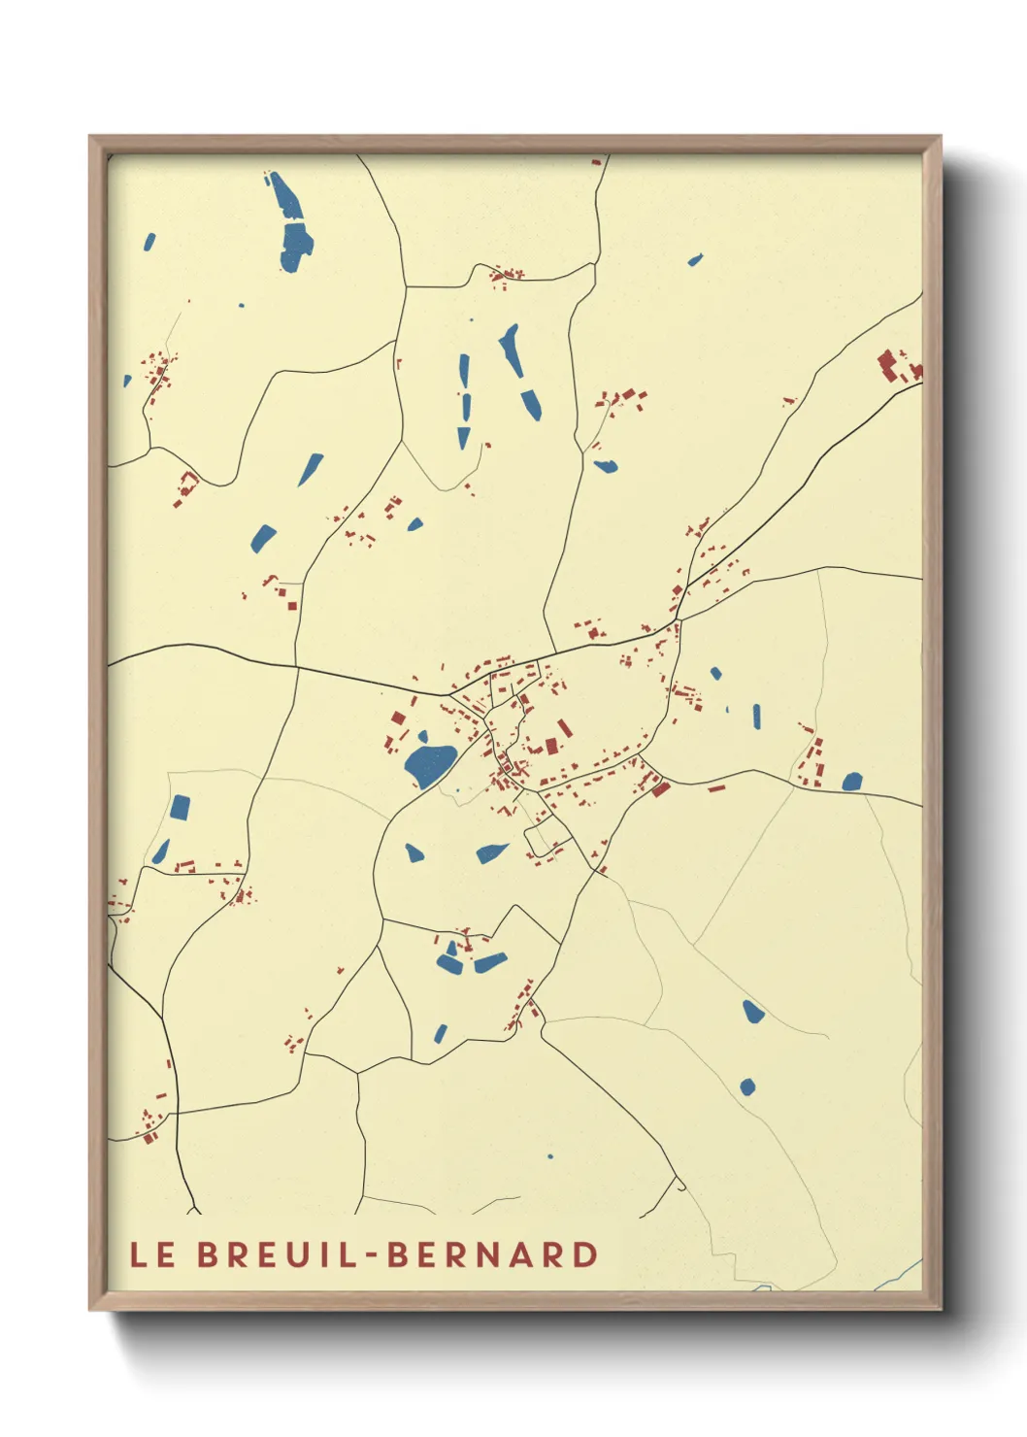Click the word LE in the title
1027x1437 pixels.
(x=152, y=1254)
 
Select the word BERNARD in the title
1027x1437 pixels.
(x=493, y=1254)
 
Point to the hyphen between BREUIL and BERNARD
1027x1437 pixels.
(x=371, y=1255)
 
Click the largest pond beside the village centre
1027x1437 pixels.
(x=428, y=763)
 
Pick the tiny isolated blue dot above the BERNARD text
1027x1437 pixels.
(x=550, y=1156)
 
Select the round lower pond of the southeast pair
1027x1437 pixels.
(x=747, y=1086)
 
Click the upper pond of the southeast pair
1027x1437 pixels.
(x=752, y=1012)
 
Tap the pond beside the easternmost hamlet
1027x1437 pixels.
(x=852, y=782)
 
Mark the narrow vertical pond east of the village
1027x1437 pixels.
(x=756, y=717)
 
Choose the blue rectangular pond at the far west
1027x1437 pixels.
(x=180, y=808)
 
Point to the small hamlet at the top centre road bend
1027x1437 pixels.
(x=505, y=276)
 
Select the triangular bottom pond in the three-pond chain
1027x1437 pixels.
(x=464, y=438)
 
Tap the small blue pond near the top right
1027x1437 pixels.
(x=695, y=260)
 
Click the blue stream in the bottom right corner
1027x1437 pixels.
(x=898, y=1275)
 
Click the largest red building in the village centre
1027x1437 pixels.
(x=551, y=746)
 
